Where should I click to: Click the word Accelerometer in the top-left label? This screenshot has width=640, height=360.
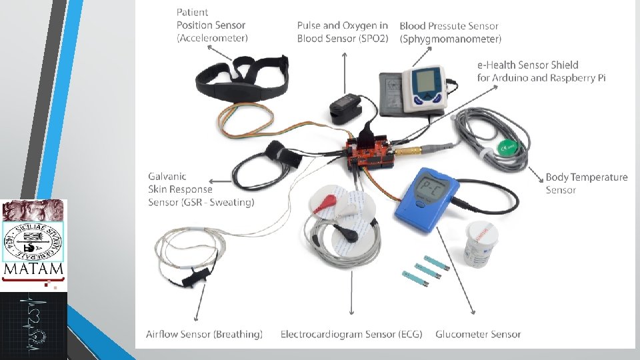click(x=212, y=39)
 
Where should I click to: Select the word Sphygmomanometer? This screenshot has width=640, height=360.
click(x=451, y=40)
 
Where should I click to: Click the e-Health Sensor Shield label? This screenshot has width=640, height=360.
click(x=541, y=71)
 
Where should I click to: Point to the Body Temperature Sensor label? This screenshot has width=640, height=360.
click(x=586, y=183)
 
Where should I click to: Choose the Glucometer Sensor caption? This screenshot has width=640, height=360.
click(x=478, y=334)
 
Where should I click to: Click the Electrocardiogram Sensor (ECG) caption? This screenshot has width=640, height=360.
click(x=351, y=334)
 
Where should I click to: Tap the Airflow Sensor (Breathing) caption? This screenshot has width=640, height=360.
click(x=204, y=334)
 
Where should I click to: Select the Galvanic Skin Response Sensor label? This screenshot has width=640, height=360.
click(x=201, y=189)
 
